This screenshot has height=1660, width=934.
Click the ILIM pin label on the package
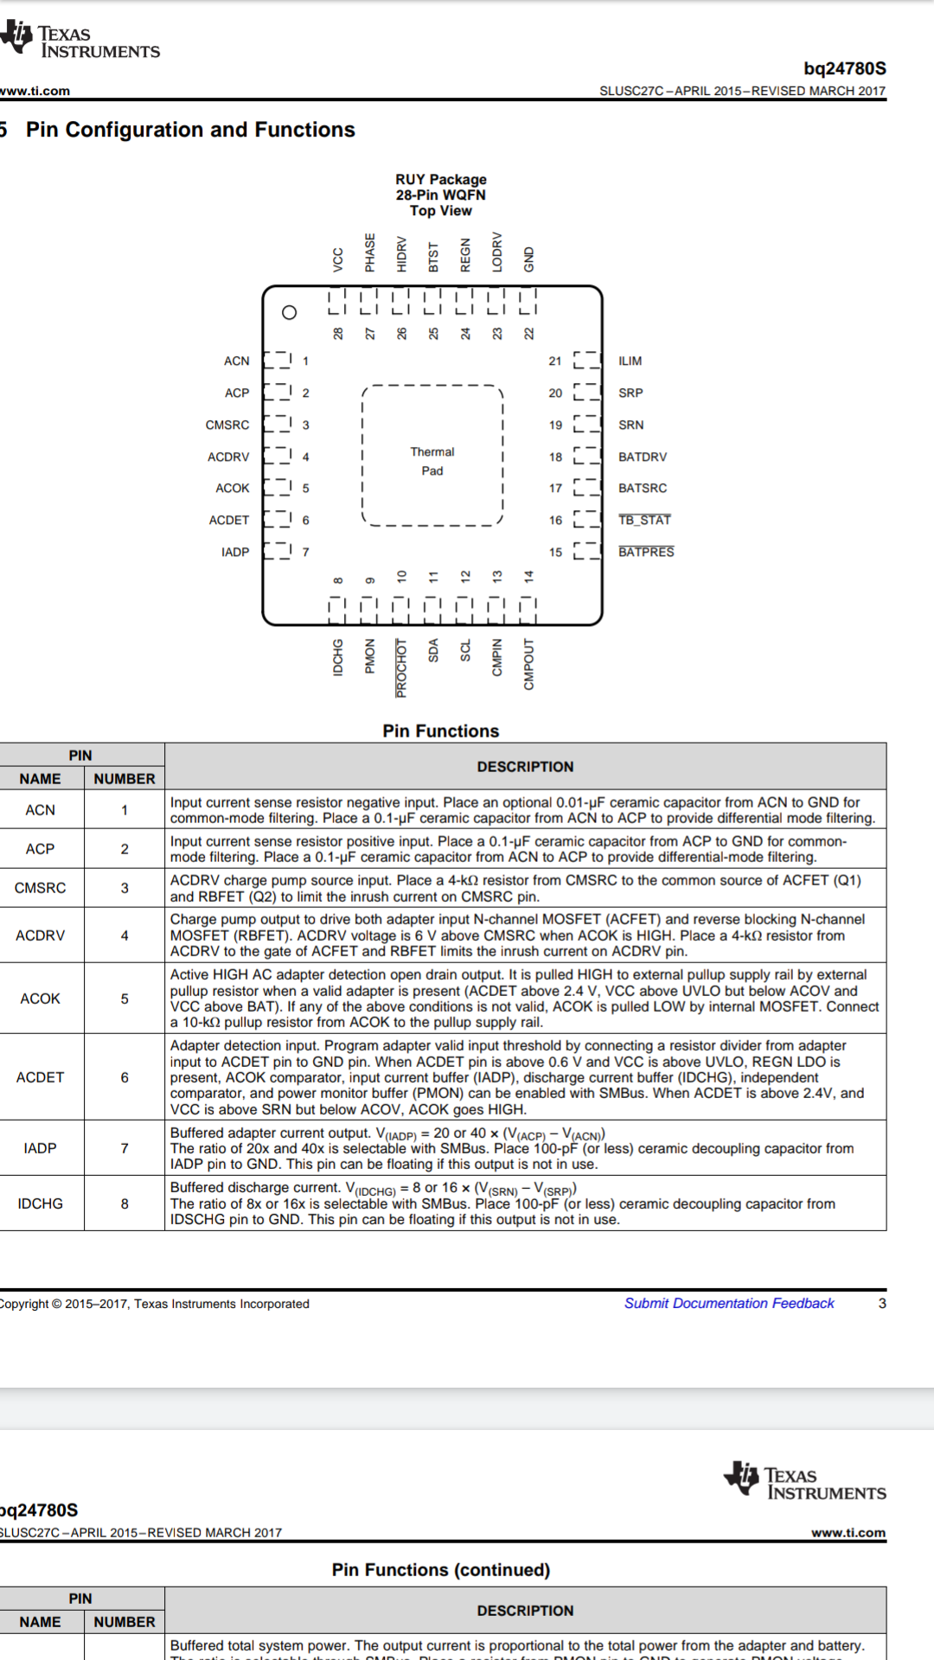630,361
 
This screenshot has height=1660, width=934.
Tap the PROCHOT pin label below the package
401,667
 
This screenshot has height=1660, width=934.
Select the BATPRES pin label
646,552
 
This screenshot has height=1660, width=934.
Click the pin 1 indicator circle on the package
290,312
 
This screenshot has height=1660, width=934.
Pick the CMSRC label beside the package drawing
227,425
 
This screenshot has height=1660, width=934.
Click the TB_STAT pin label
644,520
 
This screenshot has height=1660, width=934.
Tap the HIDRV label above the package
401,254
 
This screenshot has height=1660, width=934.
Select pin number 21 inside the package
555,361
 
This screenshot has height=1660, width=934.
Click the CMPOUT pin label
528,664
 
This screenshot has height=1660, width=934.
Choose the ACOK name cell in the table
41,999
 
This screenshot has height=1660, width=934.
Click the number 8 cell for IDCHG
125,1203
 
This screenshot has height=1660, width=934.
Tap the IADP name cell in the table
41,1148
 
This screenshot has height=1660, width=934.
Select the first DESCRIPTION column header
525,767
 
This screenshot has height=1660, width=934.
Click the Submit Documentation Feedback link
729,1303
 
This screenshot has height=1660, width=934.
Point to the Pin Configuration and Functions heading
190,130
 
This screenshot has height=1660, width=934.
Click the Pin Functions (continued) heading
441,1569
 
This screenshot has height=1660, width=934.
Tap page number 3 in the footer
882,1303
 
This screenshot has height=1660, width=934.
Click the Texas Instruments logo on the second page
804,1481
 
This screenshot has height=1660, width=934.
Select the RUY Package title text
441,179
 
